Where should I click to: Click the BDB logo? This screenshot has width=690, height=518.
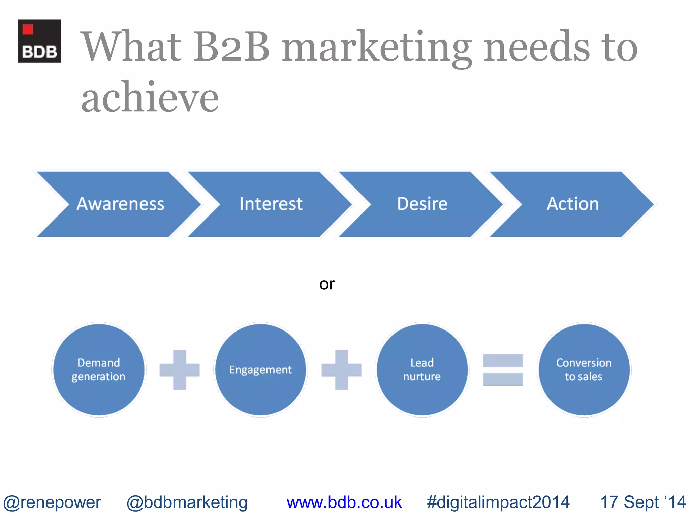coord(39,41)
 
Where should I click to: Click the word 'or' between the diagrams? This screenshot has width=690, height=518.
coord(327,284)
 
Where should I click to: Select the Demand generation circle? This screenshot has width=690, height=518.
coord(99,370)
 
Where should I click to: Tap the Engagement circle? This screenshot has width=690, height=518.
coord(260,370)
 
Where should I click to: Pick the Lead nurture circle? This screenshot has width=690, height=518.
coord(422,370)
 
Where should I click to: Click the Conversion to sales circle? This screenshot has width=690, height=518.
coord(584,370)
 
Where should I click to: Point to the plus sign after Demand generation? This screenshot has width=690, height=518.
coord(180,370)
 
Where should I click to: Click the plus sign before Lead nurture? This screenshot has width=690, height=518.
coord(341,370)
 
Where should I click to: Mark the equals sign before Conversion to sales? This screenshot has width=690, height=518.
coord(503,370)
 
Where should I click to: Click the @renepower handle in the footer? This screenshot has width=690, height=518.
coord(52,502)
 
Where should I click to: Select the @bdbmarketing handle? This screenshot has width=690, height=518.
coord(187,502)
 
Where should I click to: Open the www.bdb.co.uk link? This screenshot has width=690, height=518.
coord(344,502)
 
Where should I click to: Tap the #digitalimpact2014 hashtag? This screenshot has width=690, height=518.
coord(498,502)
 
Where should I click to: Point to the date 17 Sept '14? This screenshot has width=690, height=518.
coord(643,502)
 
